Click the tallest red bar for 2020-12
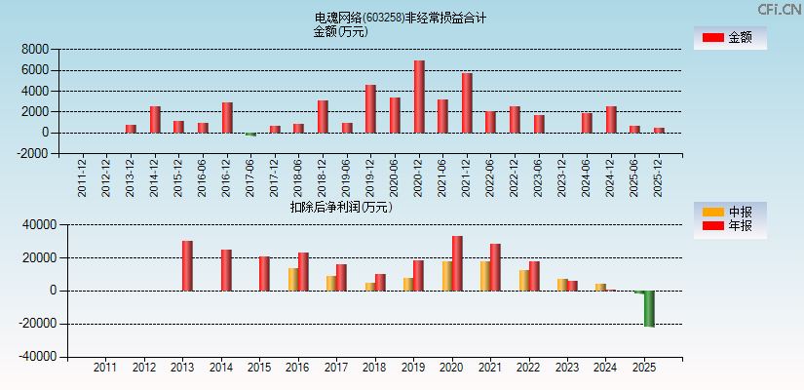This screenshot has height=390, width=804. click(419, 97)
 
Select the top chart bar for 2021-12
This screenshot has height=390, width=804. click(467, 103)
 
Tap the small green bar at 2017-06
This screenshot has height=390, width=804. click(250, 134)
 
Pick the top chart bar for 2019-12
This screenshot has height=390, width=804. click(370, 109)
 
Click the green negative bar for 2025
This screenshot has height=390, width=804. click(649, 308)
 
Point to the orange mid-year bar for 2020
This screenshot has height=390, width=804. click(447, 275)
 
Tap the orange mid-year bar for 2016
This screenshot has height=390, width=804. click(293, 279)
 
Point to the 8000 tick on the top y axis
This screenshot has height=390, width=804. click(36, 49)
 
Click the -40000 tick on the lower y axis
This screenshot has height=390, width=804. click(36, 357)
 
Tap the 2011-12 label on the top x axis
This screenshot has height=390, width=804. click(82, 176)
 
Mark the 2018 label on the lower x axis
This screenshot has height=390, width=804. click(374, 368)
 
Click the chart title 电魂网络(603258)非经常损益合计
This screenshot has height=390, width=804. click(400, 18)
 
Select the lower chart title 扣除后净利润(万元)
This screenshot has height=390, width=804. click(340, 207)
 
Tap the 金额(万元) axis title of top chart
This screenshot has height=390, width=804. click(340, 31)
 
